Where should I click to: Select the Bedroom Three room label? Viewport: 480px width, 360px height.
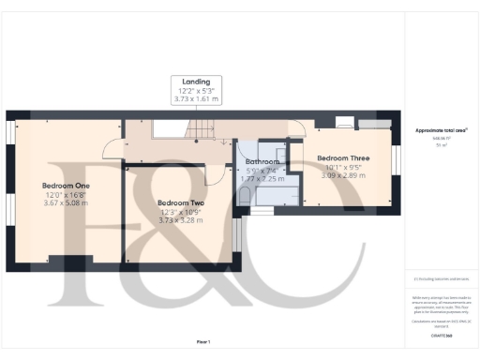point(343,158)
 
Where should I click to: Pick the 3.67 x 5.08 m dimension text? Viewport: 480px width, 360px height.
point(66,202)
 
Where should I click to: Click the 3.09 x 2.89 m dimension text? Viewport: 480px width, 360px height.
point(343,175)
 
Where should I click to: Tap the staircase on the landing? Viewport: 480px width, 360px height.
point(179,130)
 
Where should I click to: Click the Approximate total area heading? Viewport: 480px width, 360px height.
point(441,130)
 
